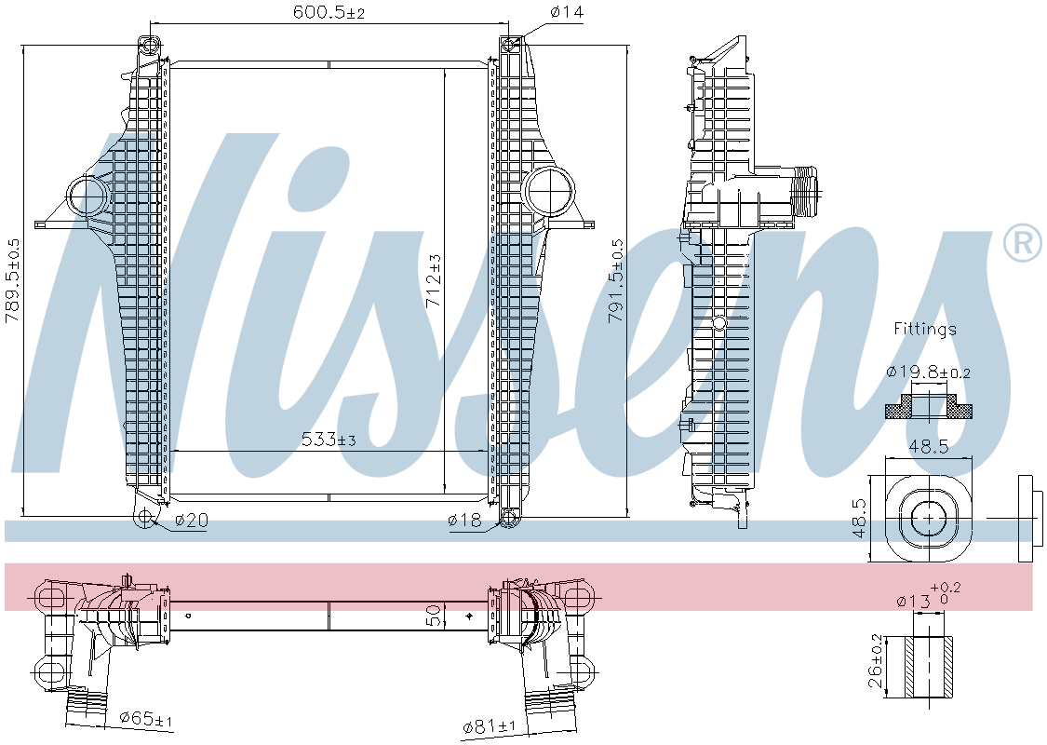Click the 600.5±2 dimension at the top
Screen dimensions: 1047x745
click(x=329, y=12)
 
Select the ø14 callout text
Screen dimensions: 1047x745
click(x=567, y=11)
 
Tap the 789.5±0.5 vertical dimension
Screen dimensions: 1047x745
click(x=12, y=281)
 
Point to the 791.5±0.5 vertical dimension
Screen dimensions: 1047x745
click(x=615, y=281)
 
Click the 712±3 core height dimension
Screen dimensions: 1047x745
click(x=434, y=281)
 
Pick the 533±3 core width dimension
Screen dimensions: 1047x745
click(x=329, y=439)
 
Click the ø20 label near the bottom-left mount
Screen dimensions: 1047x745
click(x=192, y=520)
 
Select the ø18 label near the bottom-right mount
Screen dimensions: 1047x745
click(x=464, y=520)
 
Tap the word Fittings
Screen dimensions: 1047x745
click(x=925, y=329)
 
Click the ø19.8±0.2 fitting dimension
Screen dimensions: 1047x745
click(x=928, y=372)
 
